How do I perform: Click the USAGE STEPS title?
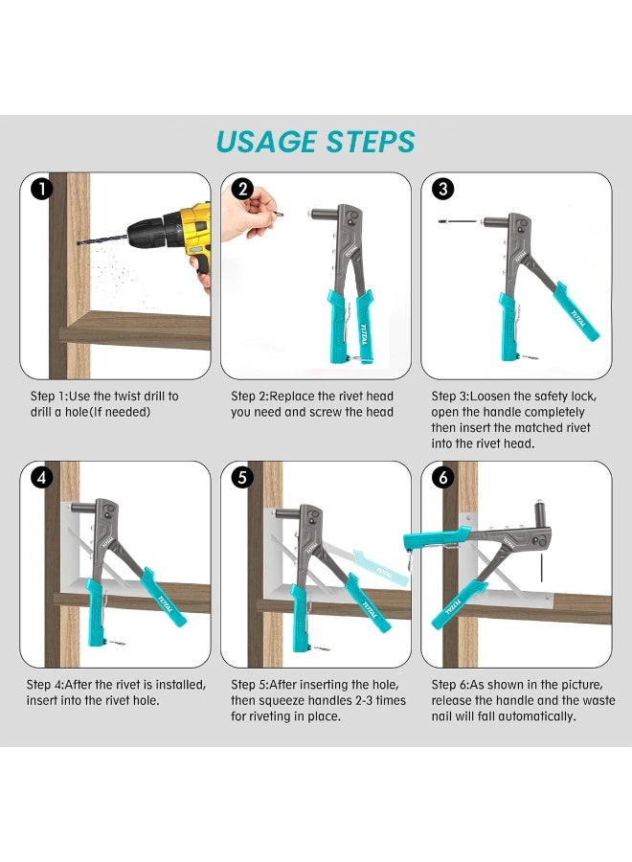[315, 142]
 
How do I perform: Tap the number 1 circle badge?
[40, 190]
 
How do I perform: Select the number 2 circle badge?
[242, 190]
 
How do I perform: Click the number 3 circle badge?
[442, 190]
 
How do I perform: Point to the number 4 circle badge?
[40, 478]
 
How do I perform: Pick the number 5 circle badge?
[242, 478]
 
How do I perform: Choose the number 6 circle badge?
[442, 478]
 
